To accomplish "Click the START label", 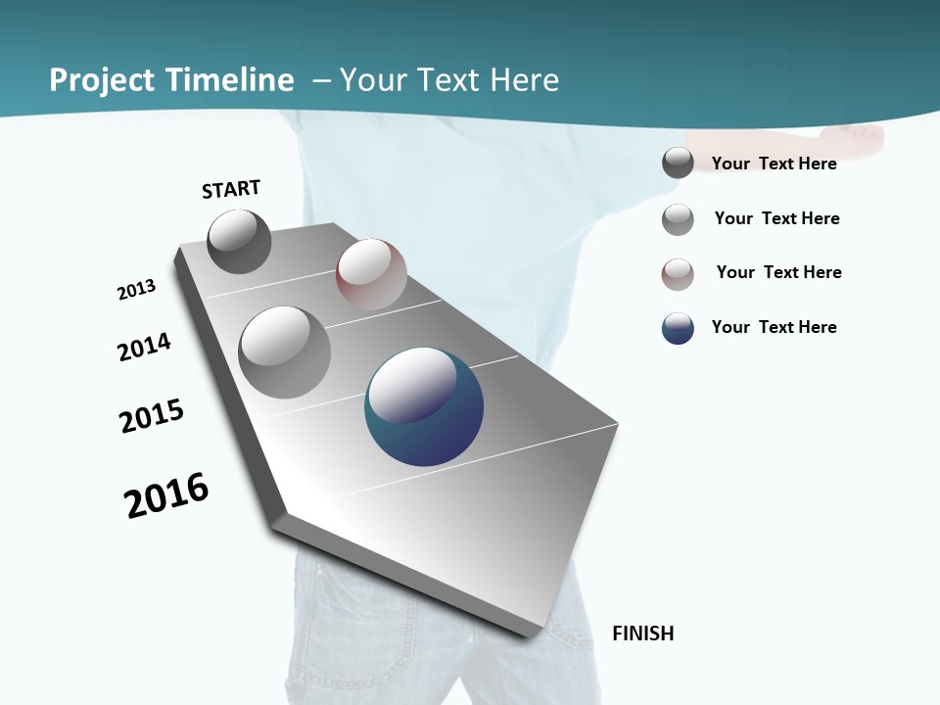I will coord(231,189).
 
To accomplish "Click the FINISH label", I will coord(642,634).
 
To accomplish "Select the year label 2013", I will coord(136,290).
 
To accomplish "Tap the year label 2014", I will coord(144,347).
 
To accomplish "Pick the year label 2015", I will coord(151,416).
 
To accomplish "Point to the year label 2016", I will coord(166,495).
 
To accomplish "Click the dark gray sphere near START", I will coord(240,241).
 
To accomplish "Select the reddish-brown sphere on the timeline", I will coord(371,274).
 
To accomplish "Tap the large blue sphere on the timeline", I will coord(424,407).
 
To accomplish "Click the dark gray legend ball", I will coord(678,164).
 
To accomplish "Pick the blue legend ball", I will coord(678,328).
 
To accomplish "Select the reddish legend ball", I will coord(678,274).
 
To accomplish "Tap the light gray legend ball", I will coord(678,219).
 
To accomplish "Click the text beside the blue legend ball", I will coord(774,327).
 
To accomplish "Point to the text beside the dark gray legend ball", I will coord(774,164).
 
